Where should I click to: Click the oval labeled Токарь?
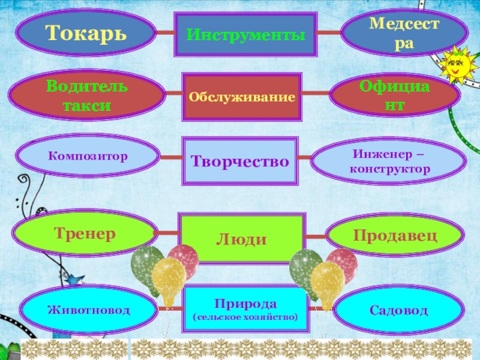[86, 32]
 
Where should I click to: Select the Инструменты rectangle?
[245, 35]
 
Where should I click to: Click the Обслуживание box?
[242, 96]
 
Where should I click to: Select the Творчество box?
[240, 161]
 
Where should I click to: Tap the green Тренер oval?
[85, 233]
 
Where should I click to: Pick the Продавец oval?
[395, 235]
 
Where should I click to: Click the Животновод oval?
[89, 310]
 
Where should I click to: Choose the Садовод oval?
[398, 310]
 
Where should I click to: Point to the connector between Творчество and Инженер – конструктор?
[305, 159]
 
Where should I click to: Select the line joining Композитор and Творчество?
[170, 158]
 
